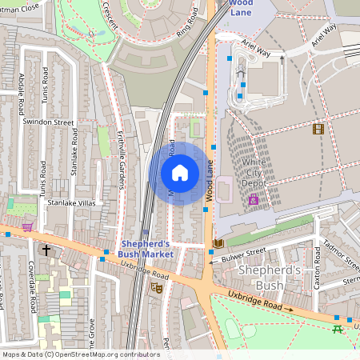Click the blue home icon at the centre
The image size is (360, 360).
(x=180, y=173)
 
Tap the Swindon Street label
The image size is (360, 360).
(x=48, y=122)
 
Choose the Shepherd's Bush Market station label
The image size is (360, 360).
(x=146, y=249)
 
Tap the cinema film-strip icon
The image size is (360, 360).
(x=318, y=129)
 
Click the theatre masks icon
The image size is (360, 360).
(x=158, y=286)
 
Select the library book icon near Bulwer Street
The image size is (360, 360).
(x=218, y=243)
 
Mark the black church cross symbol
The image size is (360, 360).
(x=46, y=250)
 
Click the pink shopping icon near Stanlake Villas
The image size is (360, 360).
(x=28, y=227)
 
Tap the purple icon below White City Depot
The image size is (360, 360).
(x=254, y=199)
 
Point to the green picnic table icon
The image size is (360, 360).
(x=338, y=329)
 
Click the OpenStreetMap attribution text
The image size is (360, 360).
(x=81, y=354)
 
